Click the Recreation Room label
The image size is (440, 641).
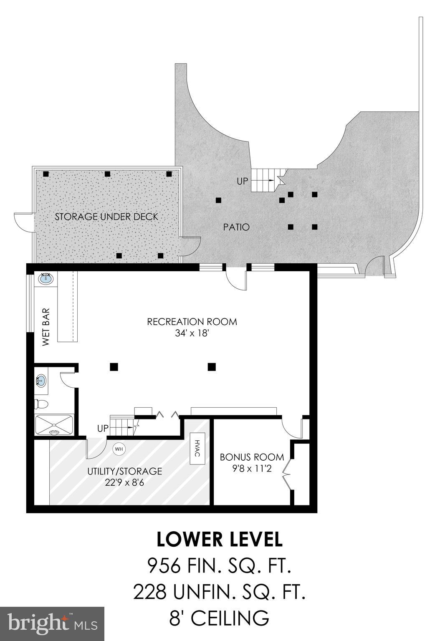[192, 322]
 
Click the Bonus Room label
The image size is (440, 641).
[252, 457]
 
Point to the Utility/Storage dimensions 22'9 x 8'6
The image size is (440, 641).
[124, 483]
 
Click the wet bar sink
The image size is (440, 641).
[46, 278]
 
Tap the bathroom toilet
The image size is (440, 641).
[41, 404]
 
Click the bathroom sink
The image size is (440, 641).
[41, 381]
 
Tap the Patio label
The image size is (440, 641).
[236, 227]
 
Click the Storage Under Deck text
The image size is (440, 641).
[107, 217]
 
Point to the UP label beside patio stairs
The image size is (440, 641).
[243, 182]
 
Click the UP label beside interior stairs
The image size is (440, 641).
[103, 429]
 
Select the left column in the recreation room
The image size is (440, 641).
[114, 367]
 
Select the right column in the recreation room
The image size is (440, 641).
[212, 367]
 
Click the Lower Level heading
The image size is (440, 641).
[220, 539]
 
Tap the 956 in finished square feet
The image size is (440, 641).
[164, 566]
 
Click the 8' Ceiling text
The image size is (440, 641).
[220, 618]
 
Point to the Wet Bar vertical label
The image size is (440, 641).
[46, 327]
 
